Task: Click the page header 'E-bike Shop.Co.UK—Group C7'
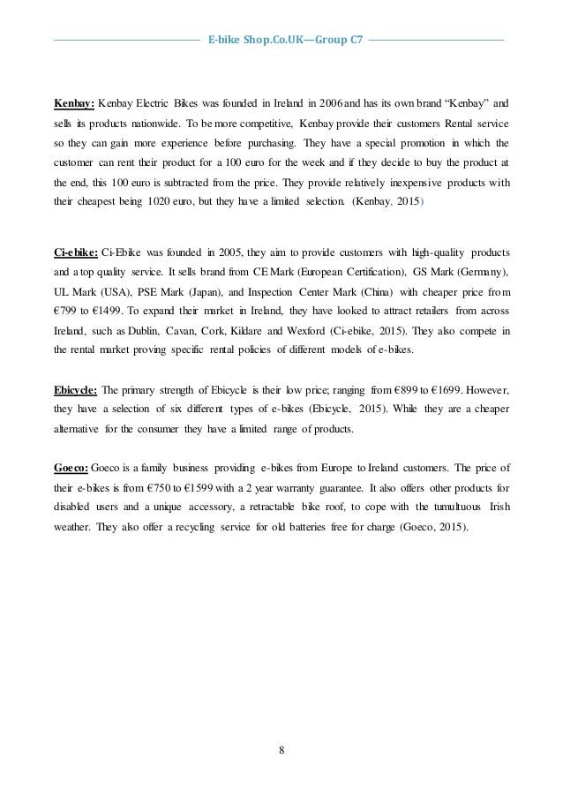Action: tap(281, 40)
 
